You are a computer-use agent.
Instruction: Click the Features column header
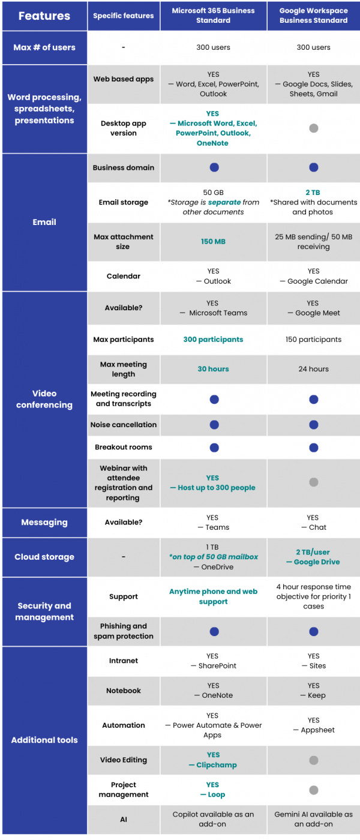[x=44, y=16]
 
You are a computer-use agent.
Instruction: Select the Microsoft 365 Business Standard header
[x=213, y=16]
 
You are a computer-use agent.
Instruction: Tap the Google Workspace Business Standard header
[x=313, y=16]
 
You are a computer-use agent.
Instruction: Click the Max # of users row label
[x=44, y=47]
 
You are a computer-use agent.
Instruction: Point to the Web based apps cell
[x=123, y=79]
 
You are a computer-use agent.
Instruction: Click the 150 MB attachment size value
[x=213, y=242]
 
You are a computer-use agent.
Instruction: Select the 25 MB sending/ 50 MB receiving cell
[x=313, y=242]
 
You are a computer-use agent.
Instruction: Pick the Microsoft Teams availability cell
[x=213, y=308]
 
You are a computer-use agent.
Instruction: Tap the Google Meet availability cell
[x=313, y=308]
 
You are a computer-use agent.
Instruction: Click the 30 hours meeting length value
[x=213, y=369]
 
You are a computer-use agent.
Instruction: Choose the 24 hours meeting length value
[x=313, y=369]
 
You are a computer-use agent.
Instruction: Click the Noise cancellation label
[x=123, y=425]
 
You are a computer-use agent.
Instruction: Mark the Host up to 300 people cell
[x=213, y=483]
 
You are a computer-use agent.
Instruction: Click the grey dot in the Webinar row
[x=313, y=482]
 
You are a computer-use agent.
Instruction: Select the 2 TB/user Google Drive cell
[x=313, y=557]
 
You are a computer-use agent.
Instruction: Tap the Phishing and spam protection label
[x=123, y=631]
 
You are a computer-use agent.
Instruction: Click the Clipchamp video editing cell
[x=213, y=760]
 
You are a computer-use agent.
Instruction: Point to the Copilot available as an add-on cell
[x=213, y=819]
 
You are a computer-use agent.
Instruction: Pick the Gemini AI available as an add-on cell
[x=313, y=819]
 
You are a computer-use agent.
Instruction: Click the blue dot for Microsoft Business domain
[x=214, y=167]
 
